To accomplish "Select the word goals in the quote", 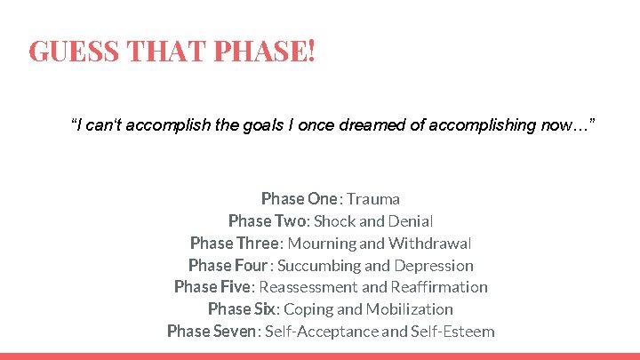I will point(265,125).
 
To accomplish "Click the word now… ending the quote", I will point(568,125).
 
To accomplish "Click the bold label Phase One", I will point(300,198).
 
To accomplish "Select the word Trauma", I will point(373,198).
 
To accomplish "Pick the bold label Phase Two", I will point(267,220).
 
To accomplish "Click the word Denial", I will point(411,220).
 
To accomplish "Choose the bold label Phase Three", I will point(235,243).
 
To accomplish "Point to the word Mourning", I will point(321,243).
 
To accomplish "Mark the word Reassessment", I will point(309,287).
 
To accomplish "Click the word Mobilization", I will point(409,309).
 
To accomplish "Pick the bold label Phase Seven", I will point(212,332).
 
